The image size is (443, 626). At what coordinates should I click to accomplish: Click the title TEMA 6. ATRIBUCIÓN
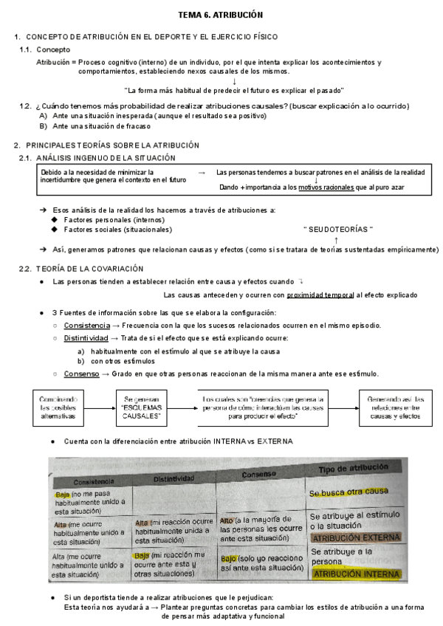click(x=221, y=15)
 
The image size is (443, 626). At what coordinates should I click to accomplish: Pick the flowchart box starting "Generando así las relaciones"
click(x=395, y=407)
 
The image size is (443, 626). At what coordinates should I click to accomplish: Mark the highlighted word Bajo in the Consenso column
click(x=228, y=559)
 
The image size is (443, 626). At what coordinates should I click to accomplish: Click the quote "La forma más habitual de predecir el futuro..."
click(x=234, y=91)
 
